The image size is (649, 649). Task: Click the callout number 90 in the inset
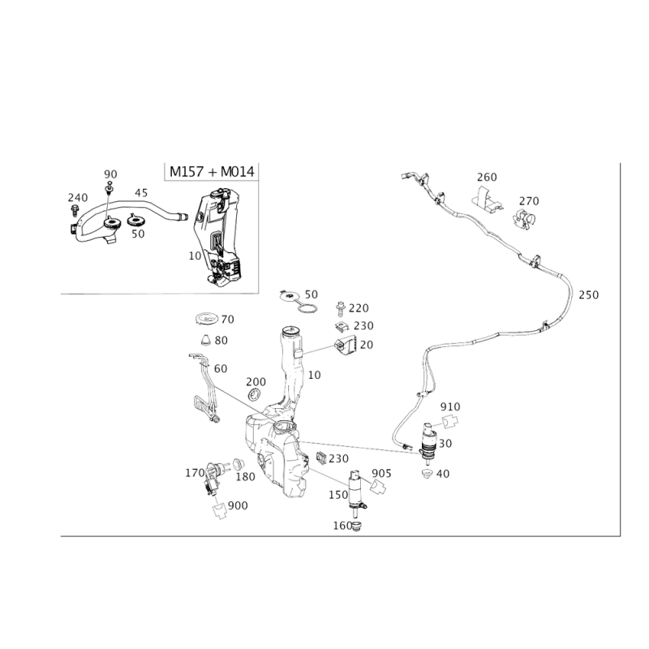pos(111,174)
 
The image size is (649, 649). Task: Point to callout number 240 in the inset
pos(77,197)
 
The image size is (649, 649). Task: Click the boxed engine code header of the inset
pos(210,171)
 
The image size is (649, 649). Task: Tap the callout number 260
pos(487,176)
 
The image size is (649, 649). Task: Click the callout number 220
pos(359,308)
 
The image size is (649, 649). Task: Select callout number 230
pos(364,326)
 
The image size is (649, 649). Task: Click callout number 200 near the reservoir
pos(256,380)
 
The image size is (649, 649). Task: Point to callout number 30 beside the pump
pos(445,442)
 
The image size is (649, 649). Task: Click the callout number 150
pos(246,478)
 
